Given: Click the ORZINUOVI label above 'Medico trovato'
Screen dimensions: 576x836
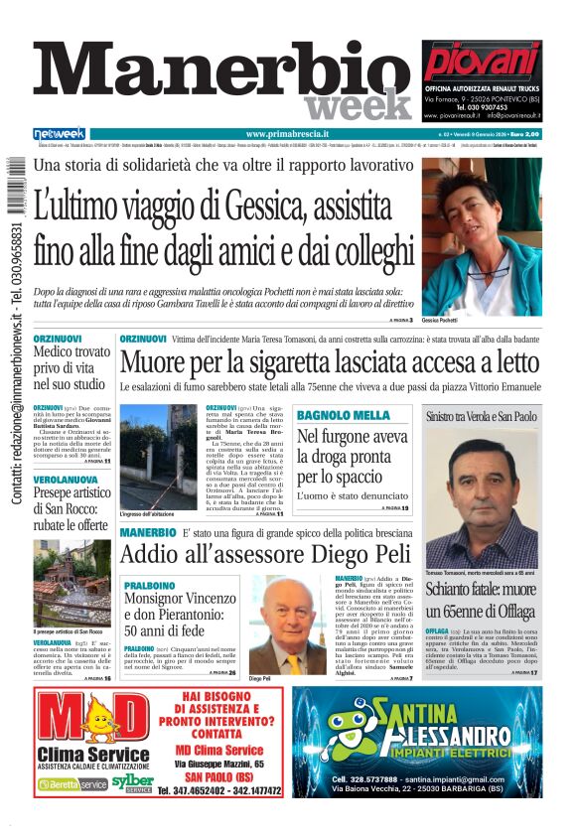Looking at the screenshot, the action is click(x=58, y=339).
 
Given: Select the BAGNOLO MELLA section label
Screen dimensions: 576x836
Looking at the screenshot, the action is click(x=343, y=414).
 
